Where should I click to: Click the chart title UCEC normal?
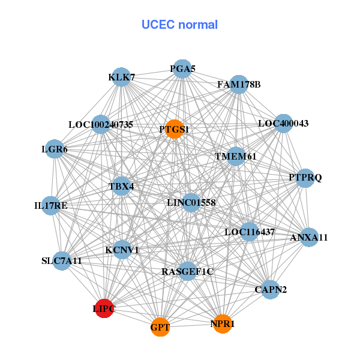click(179, 25)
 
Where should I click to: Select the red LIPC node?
click(104, 308)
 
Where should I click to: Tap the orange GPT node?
click(160, 328)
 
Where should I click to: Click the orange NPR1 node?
click(222, 324)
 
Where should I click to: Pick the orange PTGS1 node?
click(173, 129)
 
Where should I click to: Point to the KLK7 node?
click(122, 77)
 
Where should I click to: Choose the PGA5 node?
click(182, 69)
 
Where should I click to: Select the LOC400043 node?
click(283, 124)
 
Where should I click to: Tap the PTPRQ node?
click(305, 178)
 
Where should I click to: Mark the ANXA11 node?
click(309, 238)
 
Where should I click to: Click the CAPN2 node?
click(271, 290)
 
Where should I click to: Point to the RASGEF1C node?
click(188, 272)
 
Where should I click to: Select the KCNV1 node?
click(122, 250)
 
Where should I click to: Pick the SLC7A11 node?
click(62, 261)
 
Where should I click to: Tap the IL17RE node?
click(51, 206)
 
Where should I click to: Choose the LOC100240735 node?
click(101, 125)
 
